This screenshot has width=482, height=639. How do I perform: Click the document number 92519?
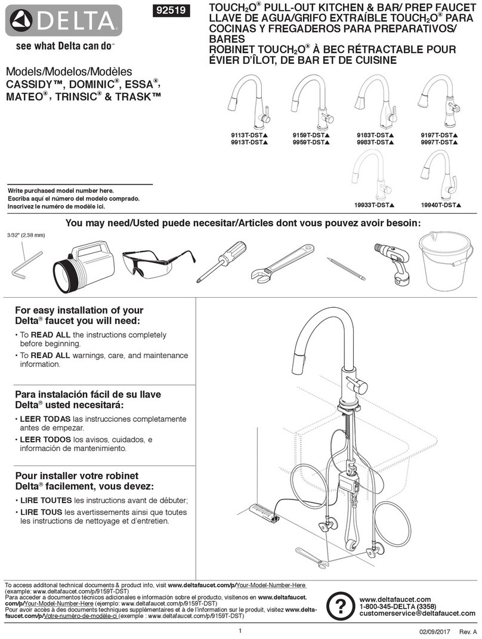pyautogui.click(x=172, y=11)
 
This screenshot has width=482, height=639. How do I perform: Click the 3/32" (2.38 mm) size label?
pyautogui.click(x=26, y=234)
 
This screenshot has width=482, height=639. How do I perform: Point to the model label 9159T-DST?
pyautogui.click(x=311, y=135)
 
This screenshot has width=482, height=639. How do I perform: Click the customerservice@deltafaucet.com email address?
pyautogui.click(x=418, y=613)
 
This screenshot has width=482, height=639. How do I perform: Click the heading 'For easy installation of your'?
pyautogui.click(x=78, y=310)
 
